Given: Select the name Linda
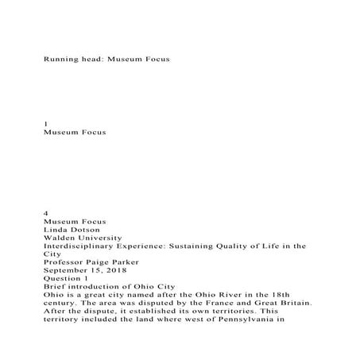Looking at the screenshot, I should point(60,228).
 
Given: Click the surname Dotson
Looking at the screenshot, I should point(95,228).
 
